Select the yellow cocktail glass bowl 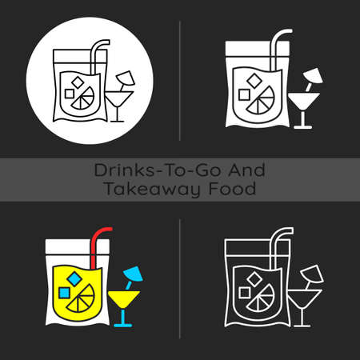tap(125, 302)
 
